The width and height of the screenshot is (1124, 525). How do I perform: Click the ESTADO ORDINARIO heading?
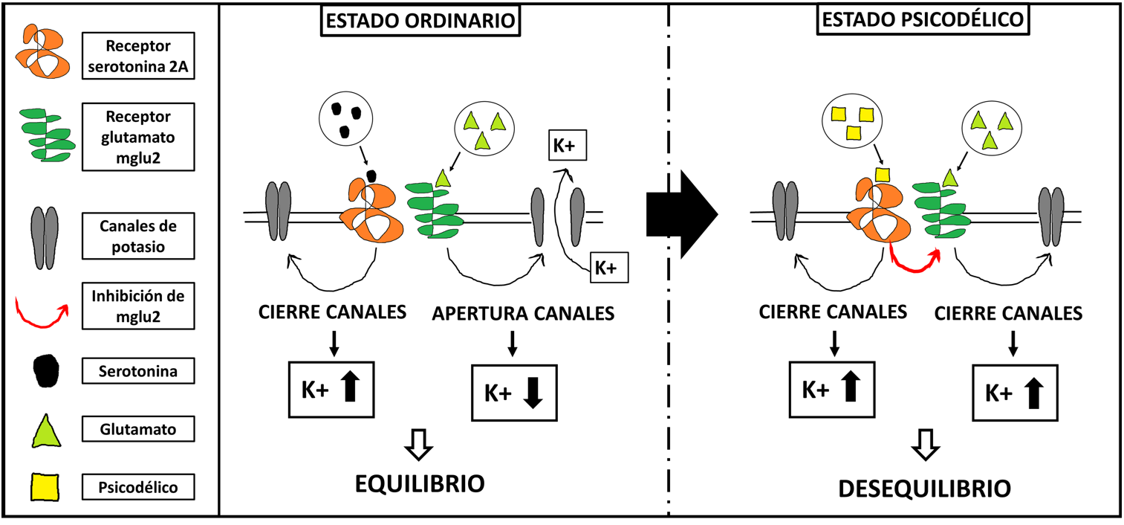point(420,21)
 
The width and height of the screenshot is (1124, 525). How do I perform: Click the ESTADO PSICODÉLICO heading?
point(924,21)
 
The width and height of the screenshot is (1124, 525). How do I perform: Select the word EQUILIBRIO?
point(420,484)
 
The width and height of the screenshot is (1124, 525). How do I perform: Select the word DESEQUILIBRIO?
point(924,488)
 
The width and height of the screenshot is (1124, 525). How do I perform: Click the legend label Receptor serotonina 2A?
point(139,57)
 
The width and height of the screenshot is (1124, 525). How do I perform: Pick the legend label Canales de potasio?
point(139,236)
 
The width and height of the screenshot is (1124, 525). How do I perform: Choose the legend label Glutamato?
point(139,428)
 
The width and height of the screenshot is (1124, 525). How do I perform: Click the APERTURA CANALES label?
point(524,314)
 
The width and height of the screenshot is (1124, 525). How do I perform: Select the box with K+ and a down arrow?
point(512,393)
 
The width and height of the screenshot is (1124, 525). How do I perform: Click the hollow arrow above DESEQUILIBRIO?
point(926,445)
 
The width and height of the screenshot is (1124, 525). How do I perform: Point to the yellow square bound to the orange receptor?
point(882,175)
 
